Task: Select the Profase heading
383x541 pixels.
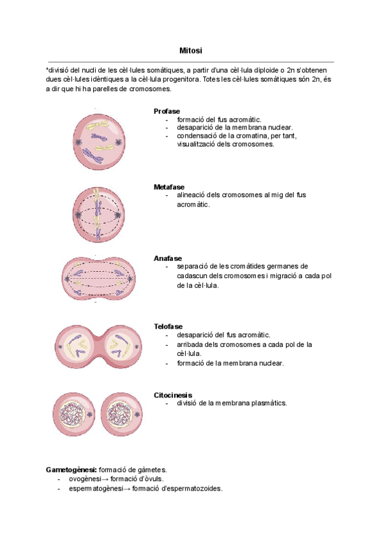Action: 167,111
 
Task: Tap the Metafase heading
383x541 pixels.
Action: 169,187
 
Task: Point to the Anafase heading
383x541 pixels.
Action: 167,258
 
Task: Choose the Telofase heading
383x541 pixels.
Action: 169,327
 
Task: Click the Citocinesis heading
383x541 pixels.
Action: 173,395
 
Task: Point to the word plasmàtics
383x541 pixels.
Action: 268,403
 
